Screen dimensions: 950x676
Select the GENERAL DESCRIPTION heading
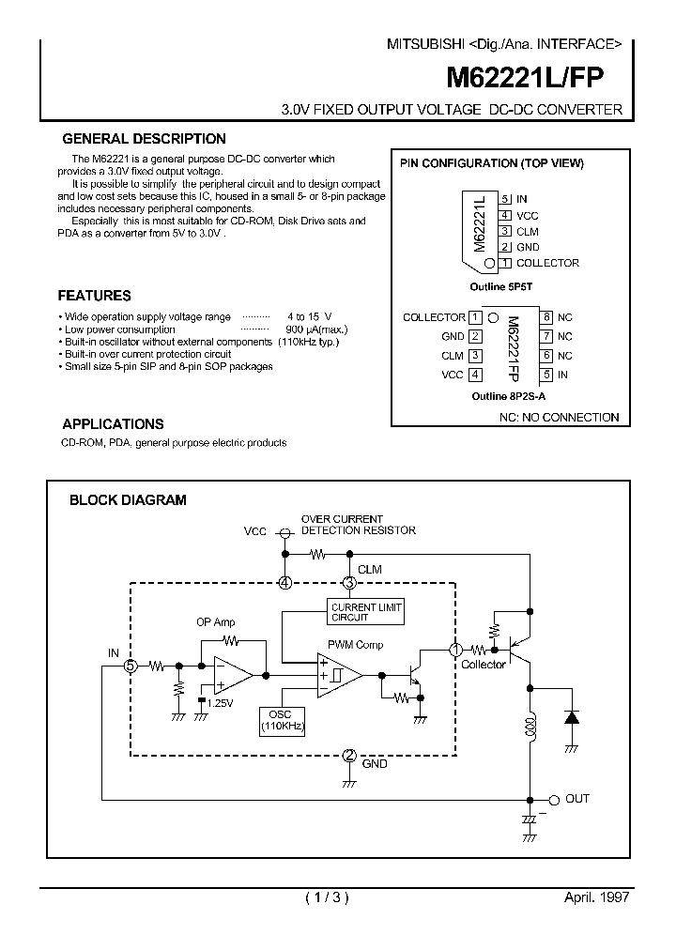pyautogui.click(x=144, y=139)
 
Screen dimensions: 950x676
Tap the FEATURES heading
pyautogui.click(x=95, y=295)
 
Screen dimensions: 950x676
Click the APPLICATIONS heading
pyautogui.click(x=113, y=423)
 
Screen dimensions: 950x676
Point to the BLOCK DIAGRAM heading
pyautogui.click(x=128, y=500)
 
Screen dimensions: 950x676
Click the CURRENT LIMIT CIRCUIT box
pyautogui.click(x=365, y=612)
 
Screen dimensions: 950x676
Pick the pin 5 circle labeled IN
pyautogui.click(x=131, y=666)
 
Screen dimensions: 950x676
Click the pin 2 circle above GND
pyautogui.click(x=349, y=755)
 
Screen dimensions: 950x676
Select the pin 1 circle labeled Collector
pyautogui.click(x=456, y=649)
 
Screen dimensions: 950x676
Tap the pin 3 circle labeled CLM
pyautogui.click(x=349, y=583)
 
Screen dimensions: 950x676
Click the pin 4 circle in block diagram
pyautogui.click(x=285, y=583)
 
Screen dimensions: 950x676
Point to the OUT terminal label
pyautogui.click(x=576, y=798)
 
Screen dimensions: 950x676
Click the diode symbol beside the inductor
pyautogui.click(x=570, y=718)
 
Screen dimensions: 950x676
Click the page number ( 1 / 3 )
pyautogui.click(x=327, y=896)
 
